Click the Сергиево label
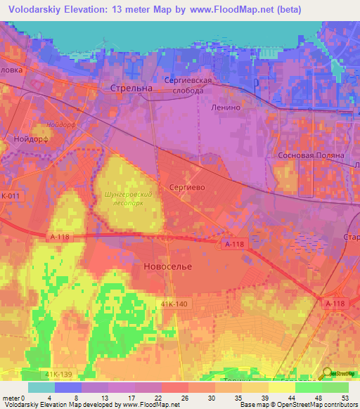pos(187,188)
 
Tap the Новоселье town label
pos(168,267)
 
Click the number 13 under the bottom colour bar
pos(105,397)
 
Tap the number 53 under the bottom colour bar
pos(344,397)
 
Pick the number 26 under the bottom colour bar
pos(184,397)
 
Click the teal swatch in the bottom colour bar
pos(41,387)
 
